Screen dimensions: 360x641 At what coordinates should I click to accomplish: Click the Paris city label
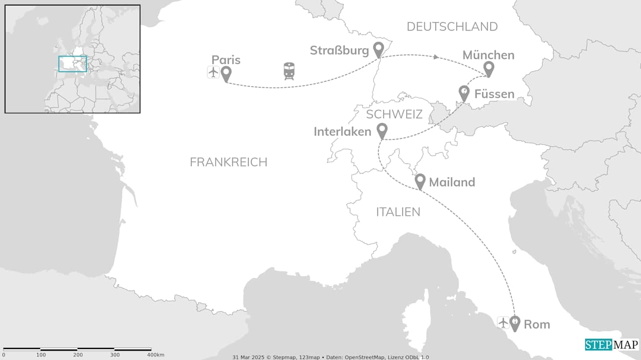click(x=226, y=60)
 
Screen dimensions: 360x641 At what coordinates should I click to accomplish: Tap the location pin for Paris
click(x=226, y=74)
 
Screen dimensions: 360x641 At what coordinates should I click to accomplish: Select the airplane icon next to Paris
click(x=213, y=72)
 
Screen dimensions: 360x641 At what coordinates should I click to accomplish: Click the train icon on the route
click(x=289, y=71)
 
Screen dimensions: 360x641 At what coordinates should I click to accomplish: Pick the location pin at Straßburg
click(x=379, y=49)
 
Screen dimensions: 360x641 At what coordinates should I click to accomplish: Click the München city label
click(x=488, y=55)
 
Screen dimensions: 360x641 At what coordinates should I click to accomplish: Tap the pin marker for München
click(x=488, y=69)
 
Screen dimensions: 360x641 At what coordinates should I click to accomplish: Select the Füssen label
click(x=494, y=94)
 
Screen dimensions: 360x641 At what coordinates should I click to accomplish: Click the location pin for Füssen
click(x=464, y=93)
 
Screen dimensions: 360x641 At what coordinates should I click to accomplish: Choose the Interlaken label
click(x=343, y=131)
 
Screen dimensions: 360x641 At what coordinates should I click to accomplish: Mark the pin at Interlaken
click(x=382, y=131)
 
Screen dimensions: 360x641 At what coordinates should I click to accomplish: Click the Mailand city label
click(x=452, y=182)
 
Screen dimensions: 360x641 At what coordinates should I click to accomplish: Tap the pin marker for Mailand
click(x=420, y=181)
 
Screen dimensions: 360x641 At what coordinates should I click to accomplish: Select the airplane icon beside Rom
click(x=503, y=322)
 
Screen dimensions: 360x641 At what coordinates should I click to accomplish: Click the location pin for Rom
click(x=515, y=323)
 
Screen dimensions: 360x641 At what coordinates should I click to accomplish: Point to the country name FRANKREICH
click(x=228, y=162)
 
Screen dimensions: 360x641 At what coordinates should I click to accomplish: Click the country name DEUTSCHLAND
click(x=452, y=27)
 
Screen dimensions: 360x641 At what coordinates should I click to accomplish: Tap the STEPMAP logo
click(x=611, y=344)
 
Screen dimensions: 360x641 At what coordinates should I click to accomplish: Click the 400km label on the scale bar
click(x=155, y=354)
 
